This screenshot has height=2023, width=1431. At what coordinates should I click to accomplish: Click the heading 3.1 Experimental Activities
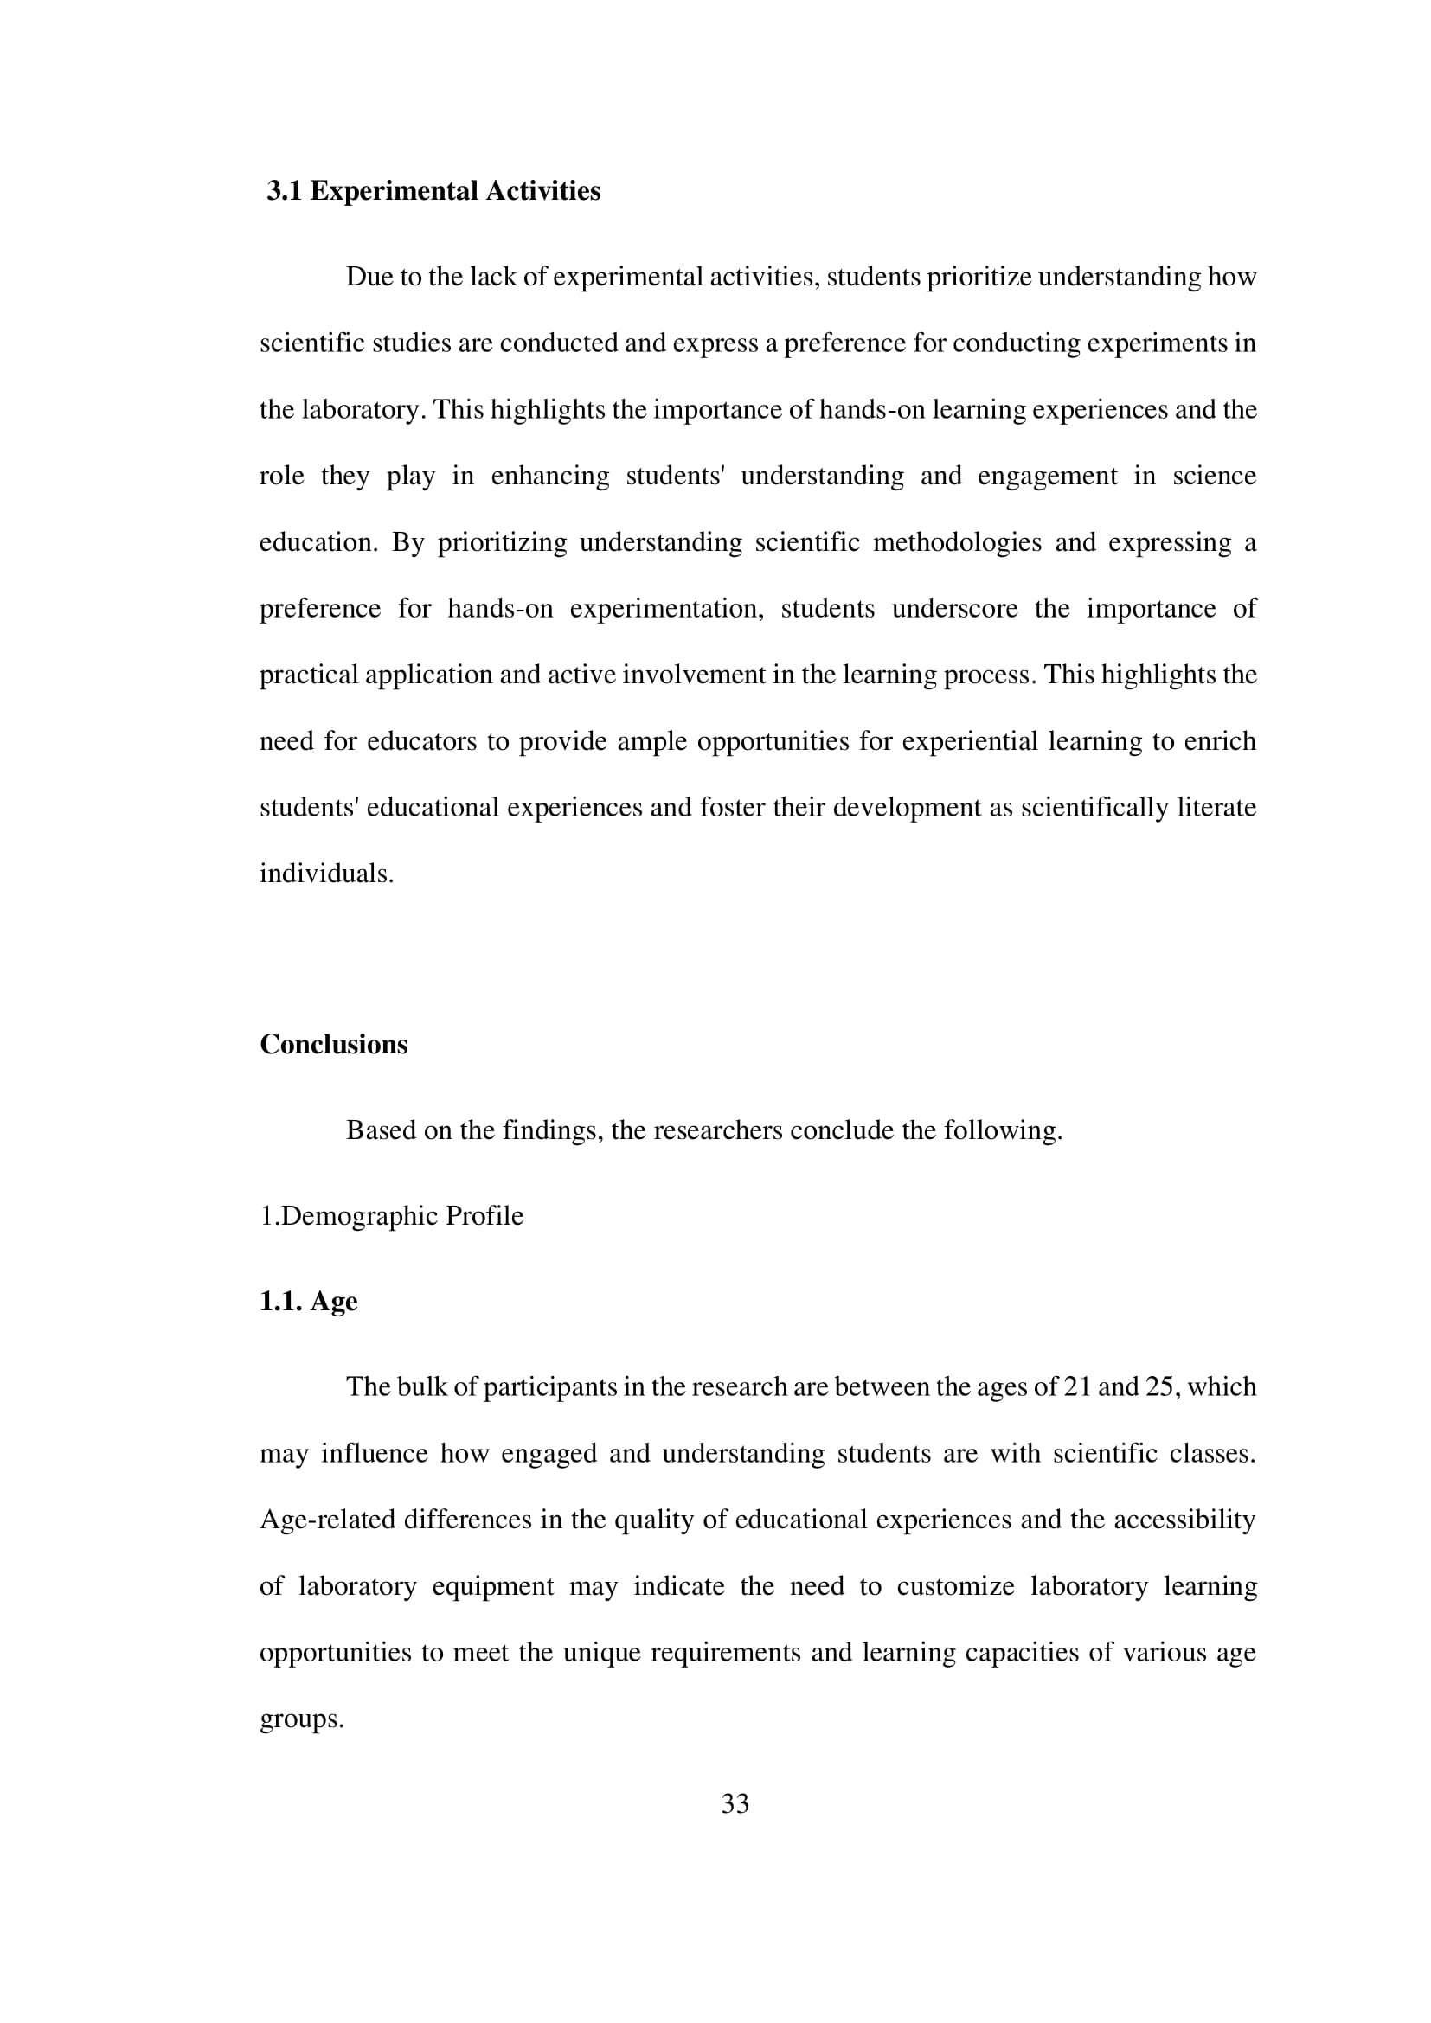click(433, 191)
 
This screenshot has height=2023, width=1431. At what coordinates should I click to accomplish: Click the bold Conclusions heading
click(333, 1044)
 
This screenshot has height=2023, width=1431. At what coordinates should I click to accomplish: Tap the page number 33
click(735, 1803)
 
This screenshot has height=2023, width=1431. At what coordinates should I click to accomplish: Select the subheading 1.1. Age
click(308, 1302)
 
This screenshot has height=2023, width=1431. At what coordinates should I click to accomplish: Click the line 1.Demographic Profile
click(391, 1216)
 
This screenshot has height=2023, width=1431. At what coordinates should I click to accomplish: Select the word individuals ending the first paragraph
click(326, 874)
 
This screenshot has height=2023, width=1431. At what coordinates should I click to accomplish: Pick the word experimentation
click(666, 609)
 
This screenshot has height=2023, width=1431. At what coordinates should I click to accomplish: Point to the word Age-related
click(327, 1520)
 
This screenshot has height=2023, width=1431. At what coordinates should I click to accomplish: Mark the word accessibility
click(1184, 1520)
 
